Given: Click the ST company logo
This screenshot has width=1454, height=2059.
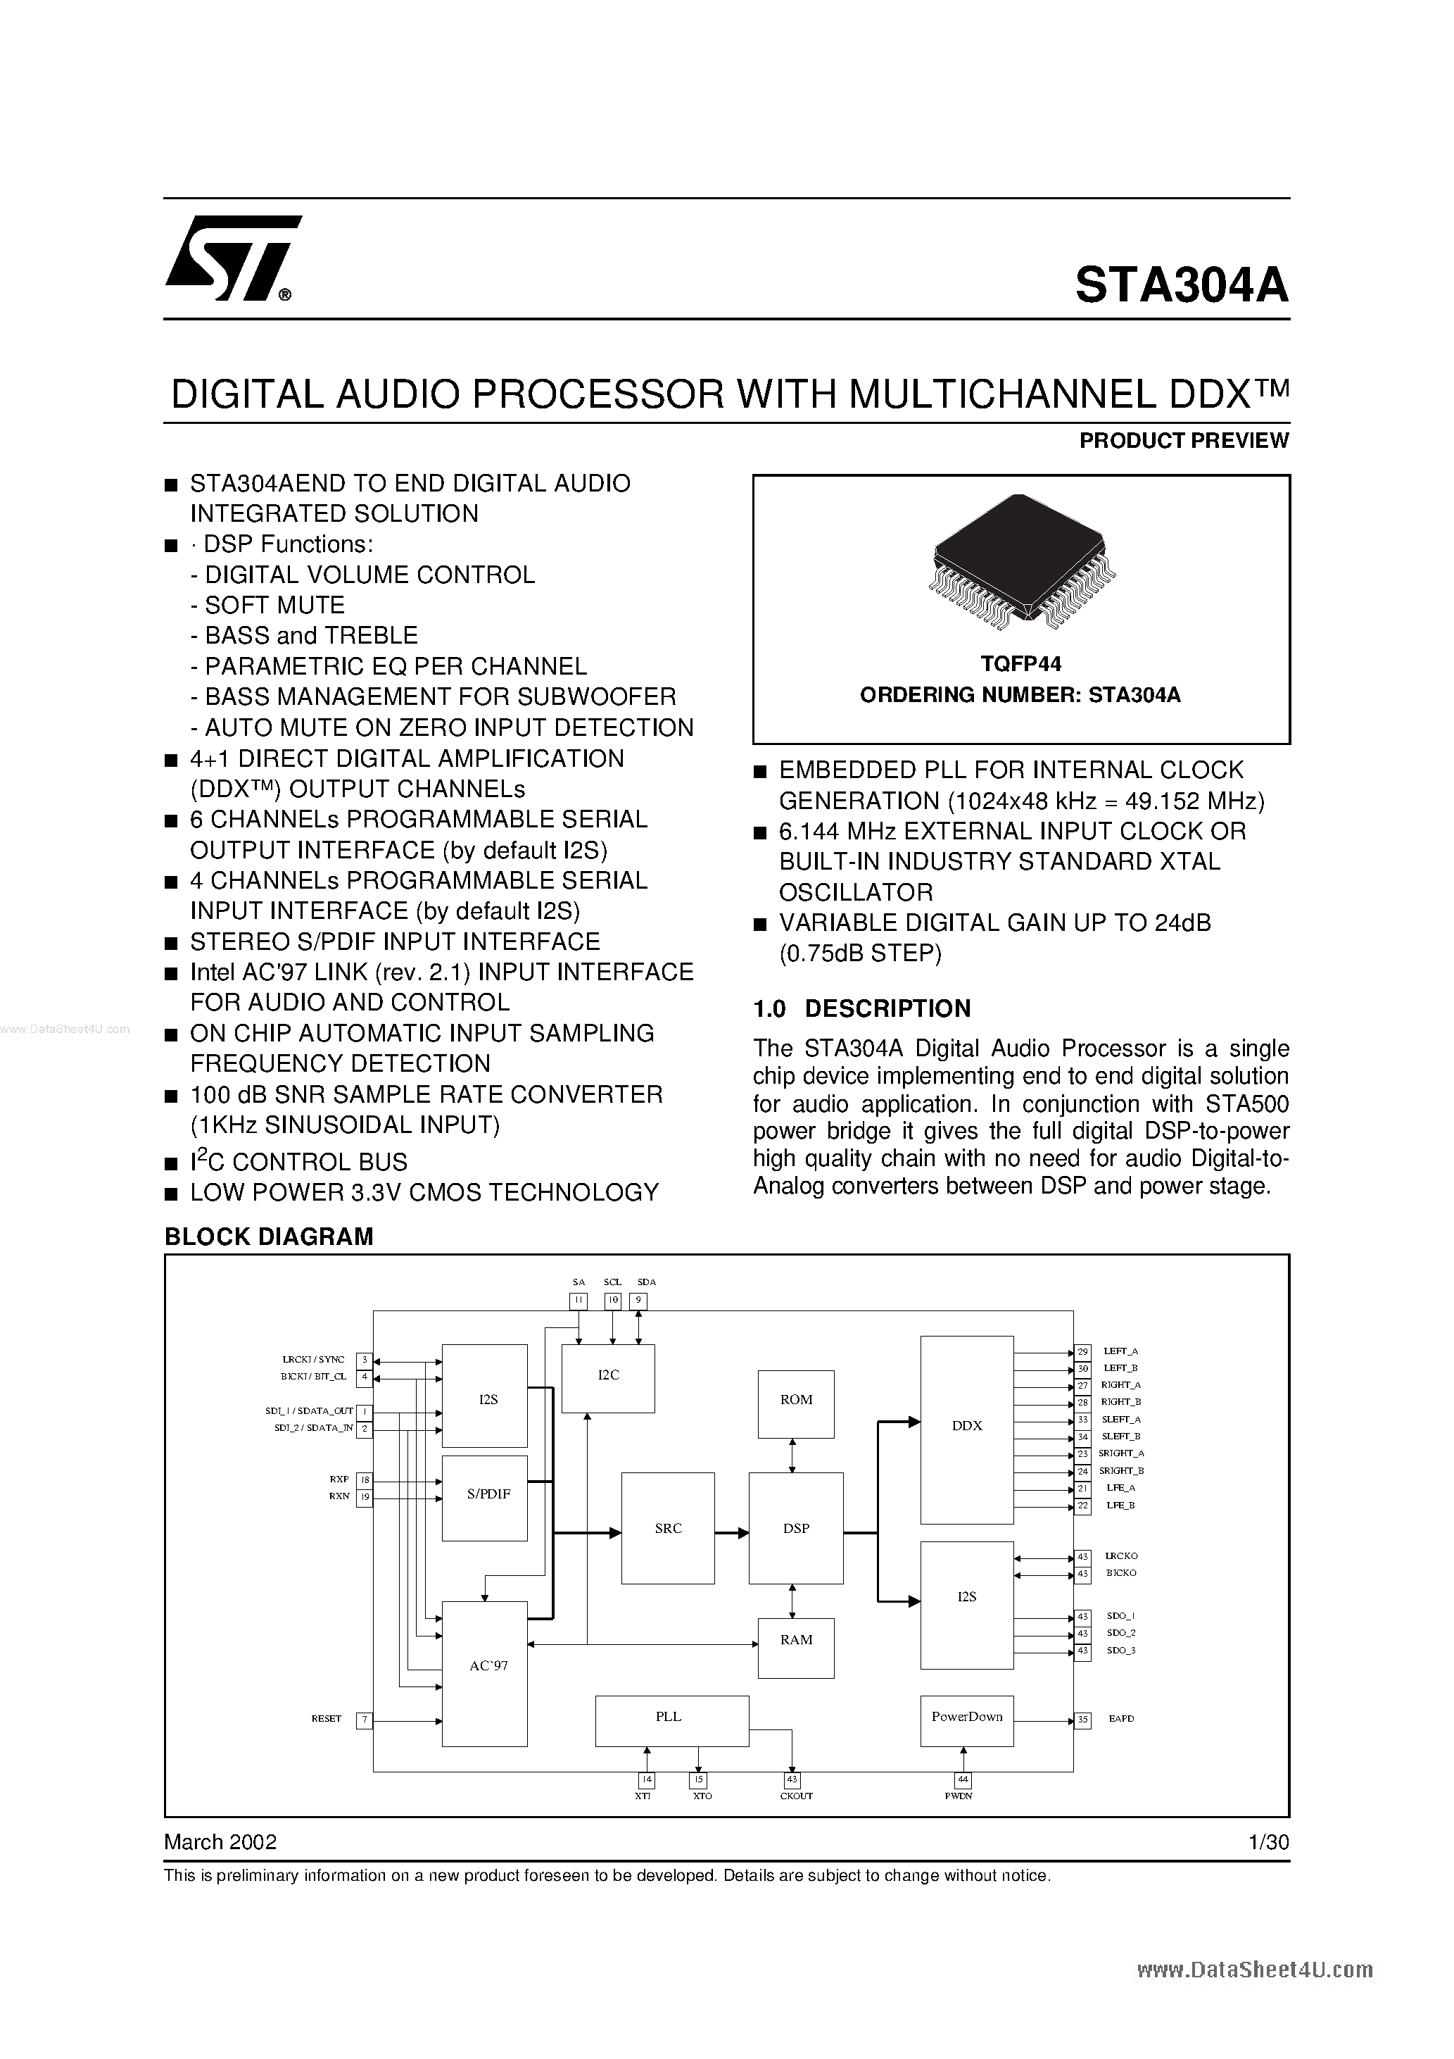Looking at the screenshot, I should click(232, 259).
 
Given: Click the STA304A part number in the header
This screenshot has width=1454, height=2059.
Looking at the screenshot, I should click(1181, 285).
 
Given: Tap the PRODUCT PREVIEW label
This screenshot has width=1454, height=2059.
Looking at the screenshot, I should click(1183, 440).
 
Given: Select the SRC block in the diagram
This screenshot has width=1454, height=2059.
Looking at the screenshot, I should click(668, 1528).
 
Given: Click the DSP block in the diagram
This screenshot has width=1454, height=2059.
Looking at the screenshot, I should click(795, 1528).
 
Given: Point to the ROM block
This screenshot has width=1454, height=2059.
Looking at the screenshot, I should click(795, 1403).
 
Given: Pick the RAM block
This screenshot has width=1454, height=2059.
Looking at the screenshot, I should click(795, 1639).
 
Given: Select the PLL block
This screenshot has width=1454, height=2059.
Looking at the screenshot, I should click(671, 1720).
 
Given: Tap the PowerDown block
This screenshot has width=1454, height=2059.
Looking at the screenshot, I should click(966, 1720).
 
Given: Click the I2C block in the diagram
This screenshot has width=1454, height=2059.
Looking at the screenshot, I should click(608, 1378).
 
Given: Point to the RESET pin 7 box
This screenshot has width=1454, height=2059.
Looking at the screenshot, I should click(364, 1720).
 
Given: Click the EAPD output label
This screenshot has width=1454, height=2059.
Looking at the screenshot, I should click(1120, 1719).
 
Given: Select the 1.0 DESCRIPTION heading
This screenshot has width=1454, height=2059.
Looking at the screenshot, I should click(861, 1009).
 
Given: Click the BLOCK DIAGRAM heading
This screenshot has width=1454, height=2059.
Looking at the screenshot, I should click(268, 1237).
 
